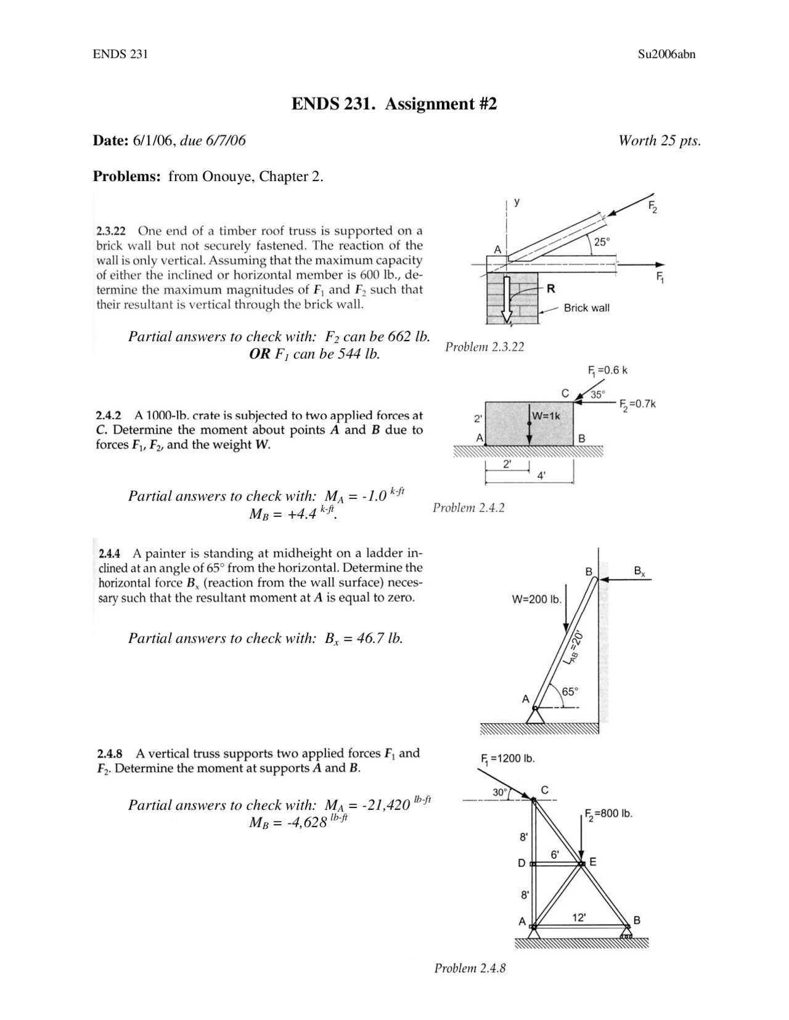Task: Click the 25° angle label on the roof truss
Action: coord(602,242)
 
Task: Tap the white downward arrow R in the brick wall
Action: coord(507,299)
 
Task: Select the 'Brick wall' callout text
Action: coord(586,308)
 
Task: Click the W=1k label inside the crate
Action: coord(546,416)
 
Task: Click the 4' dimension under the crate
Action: coord(541,475)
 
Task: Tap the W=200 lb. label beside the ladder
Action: coord(536,599)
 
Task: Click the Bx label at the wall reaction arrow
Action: coord(640,572)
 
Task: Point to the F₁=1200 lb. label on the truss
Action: coord(507,758)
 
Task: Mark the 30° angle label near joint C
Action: coord(499,791)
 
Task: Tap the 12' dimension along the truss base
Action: coord(579,918)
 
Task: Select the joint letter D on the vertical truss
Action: coord(521,864)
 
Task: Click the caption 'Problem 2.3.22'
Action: coord(484,347)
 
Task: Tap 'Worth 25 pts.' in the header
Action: coord(660,140)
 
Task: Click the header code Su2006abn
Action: coord(667,54)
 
